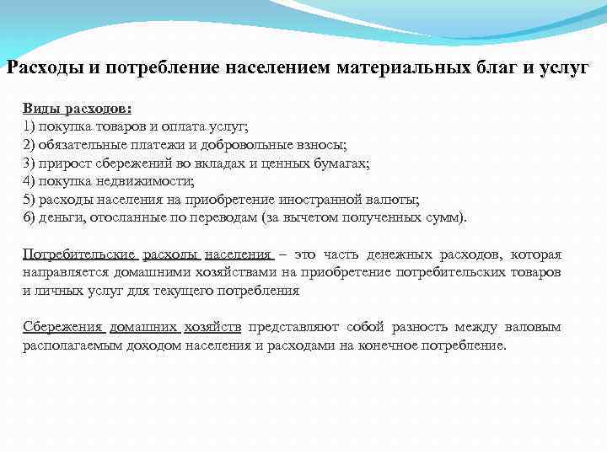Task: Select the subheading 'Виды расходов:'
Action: coord(77,110)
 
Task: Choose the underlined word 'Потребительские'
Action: coord(80,254)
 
